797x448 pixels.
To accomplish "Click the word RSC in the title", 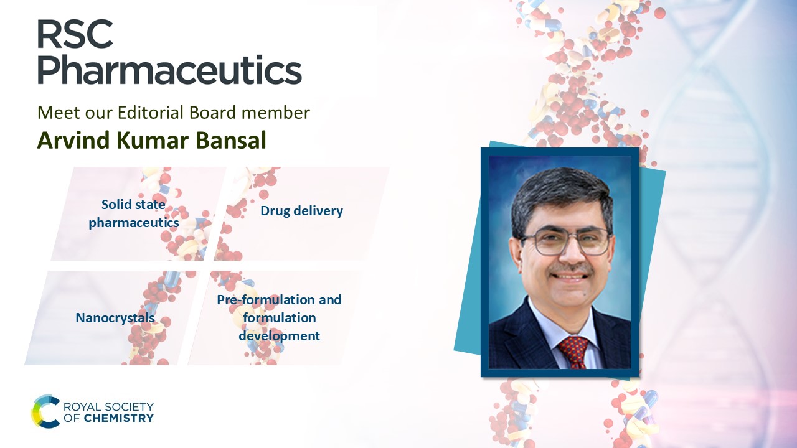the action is (75, 34).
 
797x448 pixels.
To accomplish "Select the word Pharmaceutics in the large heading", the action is (170, 70).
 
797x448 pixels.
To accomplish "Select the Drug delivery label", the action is (302, 211).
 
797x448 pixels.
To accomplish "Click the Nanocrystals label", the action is (115, 317).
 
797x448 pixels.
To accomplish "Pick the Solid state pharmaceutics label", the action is (134, 213).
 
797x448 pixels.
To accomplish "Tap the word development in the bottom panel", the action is (280, 335).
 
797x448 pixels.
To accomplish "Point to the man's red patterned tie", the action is (573, 352).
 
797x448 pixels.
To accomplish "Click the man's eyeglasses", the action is (565, 241).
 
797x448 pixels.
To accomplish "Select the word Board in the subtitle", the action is (213, 113).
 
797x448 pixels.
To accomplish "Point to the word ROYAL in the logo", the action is (79, 407).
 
